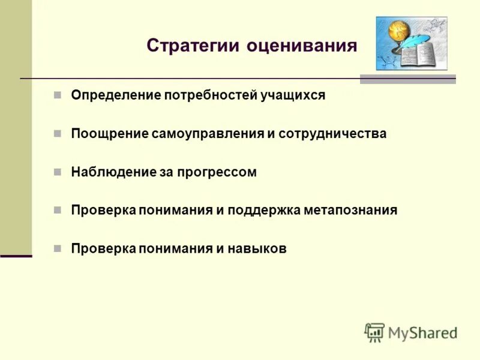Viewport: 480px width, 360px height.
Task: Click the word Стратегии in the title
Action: (x=193, y=46)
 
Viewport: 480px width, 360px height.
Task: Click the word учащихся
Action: (x=292, y=95)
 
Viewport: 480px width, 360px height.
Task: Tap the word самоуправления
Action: (x=208, y=134)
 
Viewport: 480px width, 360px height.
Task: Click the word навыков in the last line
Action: (x=257, y=249)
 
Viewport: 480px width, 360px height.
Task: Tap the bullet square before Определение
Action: (x=58, y=95)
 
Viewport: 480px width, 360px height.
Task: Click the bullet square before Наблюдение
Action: (x=58, y=172)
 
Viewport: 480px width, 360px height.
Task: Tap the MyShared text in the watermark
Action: (x=423, y=332)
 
